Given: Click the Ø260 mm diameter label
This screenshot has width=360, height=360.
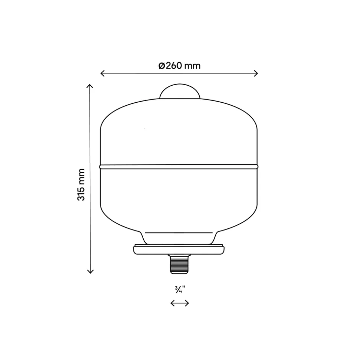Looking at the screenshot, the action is click(x=180, y=66).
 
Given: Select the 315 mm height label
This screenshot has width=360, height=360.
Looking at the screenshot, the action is click(x=81, y=185).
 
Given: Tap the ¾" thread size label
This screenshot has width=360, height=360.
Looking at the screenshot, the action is click(x=180, y=289).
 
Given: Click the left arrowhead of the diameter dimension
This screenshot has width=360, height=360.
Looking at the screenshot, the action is click(x=102, y=73).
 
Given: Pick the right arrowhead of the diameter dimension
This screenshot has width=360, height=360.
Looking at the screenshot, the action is click(x=256, y=73).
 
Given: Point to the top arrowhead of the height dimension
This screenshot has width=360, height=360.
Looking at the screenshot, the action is click(x=90, y=86).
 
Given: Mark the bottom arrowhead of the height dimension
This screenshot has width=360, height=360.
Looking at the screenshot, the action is click(x=90, y=271).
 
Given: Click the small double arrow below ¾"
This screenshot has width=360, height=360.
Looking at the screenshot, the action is click(x=180, y=303).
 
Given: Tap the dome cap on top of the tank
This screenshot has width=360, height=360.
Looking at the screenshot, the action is click(x=180, y=91).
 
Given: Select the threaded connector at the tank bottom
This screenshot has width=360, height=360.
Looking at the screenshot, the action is click(x=179, y=264).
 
